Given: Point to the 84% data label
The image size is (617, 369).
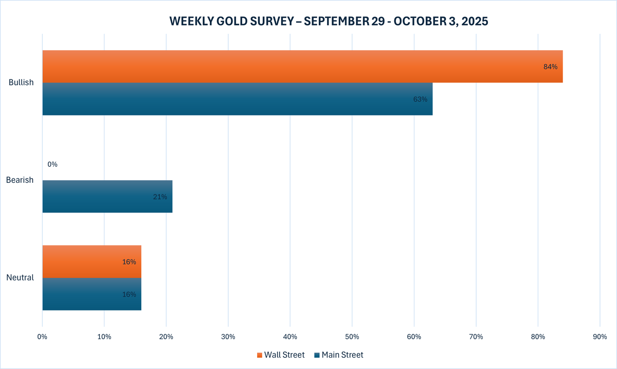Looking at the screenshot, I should (550, 67).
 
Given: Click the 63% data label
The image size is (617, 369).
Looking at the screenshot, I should (420, 99).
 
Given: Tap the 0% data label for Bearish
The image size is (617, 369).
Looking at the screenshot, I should (52, 164).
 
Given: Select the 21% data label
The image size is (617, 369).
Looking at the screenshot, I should (160, 197).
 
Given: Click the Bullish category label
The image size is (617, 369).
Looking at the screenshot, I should (21, 83).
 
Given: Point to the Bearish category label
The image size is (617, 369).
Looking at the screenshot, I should (20, 180).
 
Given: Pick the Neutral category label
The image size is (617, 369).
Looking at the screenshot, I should (20, 278).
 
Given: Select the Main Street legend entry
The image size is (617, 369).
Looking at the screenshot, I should (339, 355).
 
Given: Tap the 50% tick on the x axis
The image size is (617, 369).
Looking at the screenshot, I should (352, 337).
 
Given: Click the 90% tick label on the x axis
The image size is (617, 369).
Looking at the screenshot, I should (600, 337).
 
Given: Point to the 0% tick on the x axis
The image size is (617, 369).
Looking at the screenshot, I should (42, 337).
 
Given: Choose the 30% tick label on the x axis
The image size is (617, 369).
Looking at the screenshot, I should (228, 337).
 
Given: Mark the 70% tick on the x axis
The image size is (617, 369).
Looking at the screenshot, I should (476, 337).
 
